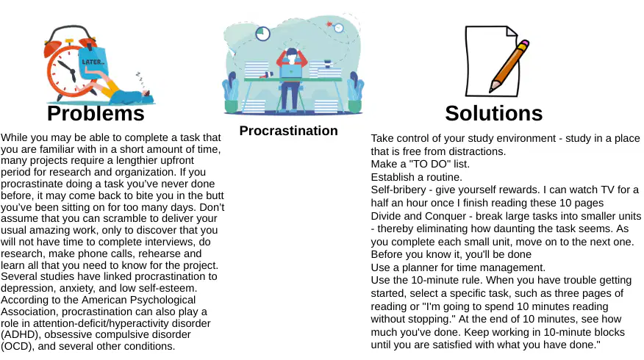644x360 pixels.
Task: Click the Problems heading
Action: point(96,113)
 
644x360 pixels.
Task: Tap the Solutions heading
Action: point(494,113)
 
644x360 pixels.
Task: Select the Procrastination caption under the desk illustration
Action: point(288,131)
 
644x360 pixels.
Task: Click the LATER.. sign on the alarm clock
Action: point(93,62)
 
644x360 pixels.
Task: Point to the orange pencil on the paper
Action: point(509,65)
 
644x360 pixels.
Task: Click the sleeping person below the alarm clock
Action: point(124,93)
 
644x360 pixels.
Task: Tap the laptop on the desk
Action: point(291,72)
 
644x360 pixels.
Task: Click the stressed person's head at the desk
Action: point(292,54)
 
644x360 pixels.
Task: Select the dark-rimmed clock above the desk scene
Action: point(263,33)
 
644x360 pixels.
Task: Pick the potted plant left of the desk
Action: point(231,93)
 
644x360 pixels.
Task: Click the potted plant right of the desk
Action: point(355,93)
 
